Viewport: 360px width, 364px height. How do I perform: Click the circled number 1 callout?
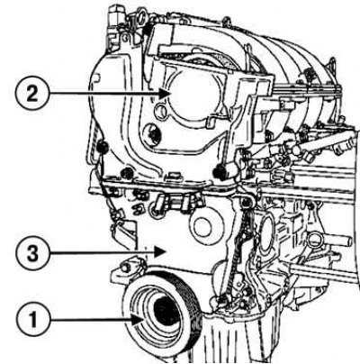tap(32, 319)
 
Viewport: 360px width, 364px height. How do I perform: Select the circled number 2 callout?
tap(32, 94)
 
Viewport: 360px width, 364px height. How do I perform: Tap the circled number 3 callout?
tap(32, 253)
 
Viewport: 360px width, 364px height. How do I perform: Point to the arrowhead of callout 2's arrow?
tap(165, 94)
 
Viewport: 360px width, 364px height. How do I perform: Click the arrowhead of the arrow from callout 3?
tap(160, 252)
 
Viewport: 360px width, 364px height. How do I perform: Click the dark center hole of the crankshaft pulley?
tap(166, 314)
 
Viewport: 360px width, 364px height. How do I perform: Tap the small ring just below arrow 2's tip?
tap(160, 112)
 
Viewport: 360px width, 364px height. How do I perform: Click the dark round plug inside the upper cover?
tap(152, 133)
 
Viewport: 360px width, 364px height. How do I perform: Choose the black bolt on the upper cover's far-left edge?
tap(102, 146)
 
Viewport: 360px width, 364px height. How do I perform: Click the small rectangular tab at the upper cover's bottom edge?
tap(175, 176)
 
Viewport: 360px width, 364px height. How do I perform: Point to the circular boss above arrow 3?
tap(205, 225)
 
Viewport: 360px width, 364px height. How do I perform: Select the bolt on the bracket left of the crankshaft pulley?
tap(126, 268)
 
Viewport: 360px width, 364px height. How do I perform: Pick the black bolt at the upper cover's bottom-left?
tap(127, 173)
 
